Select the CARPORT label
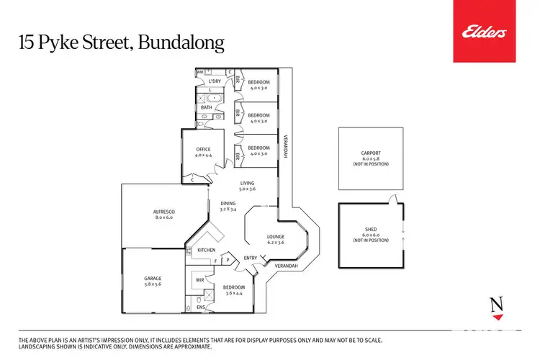coord(371,153)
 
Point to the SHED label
coord(371,229)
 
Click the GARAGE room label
coord(152,278)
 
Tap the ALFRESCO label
coord(164,211)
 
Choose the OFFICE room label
coord(203,149)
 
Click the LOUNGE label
coord(276,236)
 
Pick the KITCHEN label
coord(207,250)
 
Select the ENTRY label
coord(251,258)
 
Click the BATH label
coord(207,108)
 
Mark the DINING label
coord(228,203)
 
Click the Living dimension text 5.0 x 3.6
coord(248,189)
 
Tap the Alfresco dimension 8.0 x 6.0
coord(164,217)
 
